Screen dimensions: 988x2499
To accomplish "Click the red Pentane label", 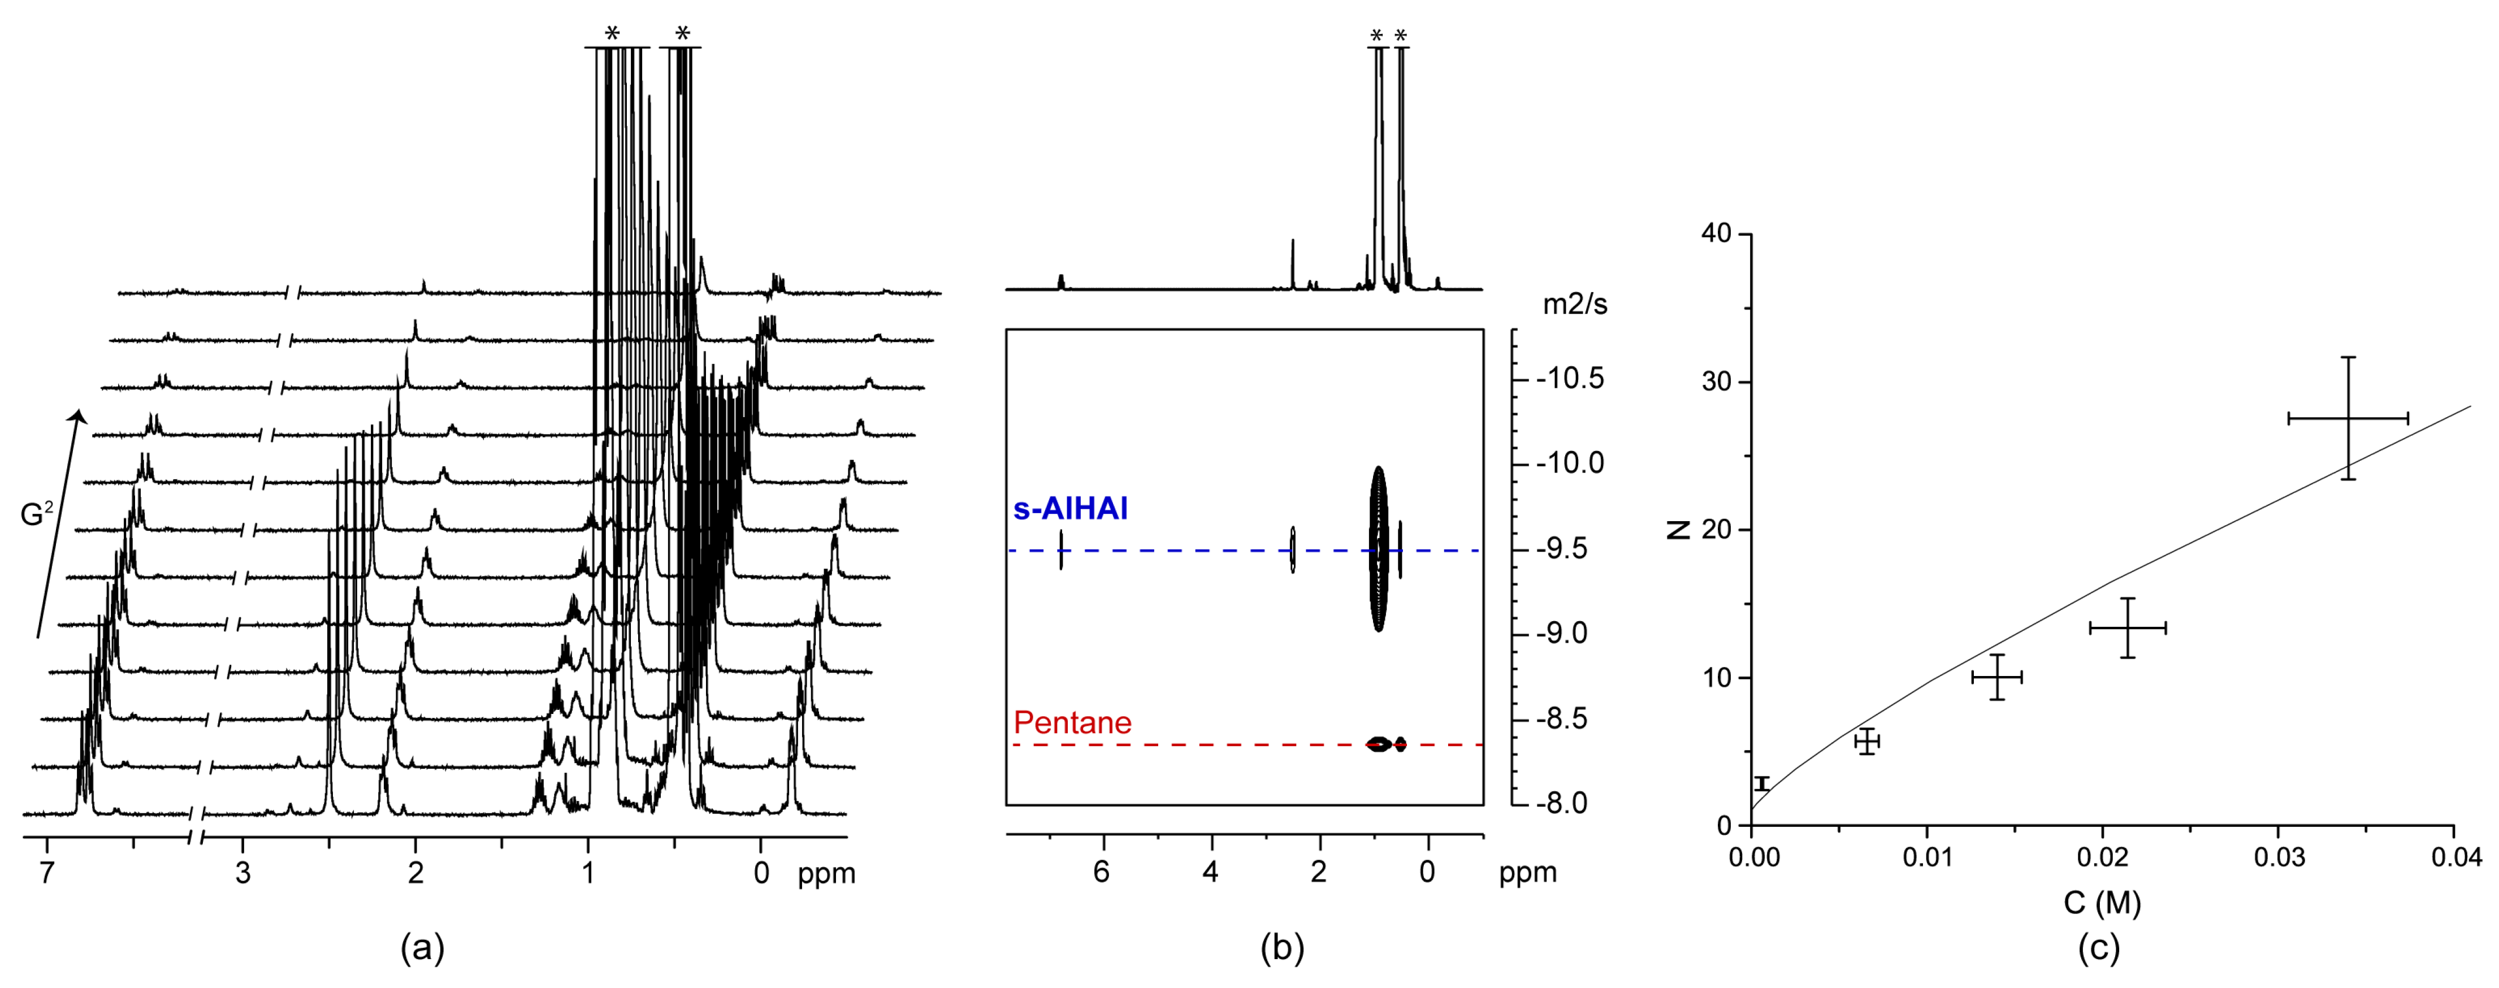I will coord(1072,722).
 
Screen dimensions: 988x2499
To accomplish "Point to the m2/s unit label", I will coord(1574,305).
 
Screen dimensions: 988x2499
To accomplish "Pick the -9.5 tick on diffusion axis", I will coord(1561,549).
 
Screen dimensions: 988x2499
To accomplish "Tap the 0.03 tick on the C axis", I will coord(2278,857).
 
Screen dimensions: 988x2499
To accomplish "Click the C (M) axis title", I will coord(2101,903).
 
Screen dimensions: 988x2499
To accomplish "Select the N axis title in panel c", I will coord(1678,530).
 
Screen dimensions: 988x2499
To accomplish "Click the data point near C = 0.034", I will coord(2348,419).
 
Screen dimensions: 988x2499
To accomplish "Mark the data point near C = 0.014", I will coord(1996,677).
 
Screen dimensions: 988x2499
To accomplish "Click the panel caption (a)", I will coord(422,947).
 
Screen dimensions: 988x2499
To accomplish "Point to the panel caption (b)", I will coord(1281,947).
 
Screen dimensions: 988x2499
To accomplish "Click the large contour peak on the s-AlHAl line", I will coord(1379,549).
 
